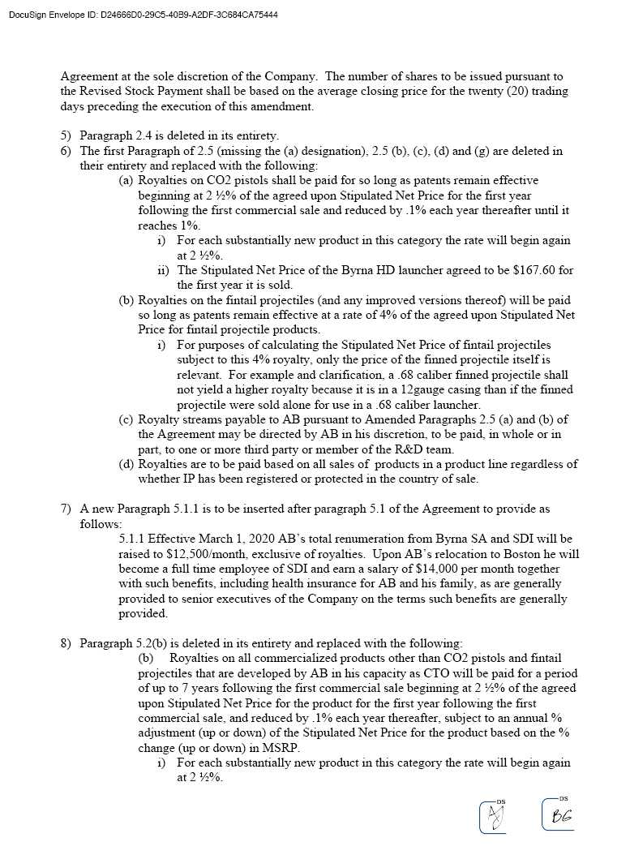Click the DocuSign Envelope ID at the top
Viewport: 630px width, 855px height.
[143, 15]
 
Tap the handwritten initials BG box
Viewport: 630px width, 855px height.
[560, 815]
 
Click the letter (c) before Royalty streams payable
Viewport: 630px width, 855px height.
[126, 419]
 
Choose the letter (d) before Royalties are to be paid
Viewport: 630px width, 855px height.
[126, 464]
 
